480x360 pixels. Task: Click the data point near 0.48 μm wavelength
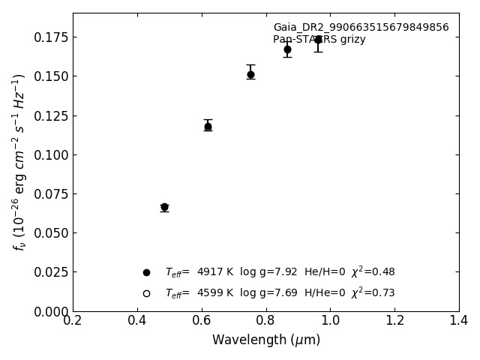pyautogui.click(x=164, y=207)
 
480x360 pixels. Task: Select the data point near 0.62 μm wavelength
pyautogui.click(x=208, y=127)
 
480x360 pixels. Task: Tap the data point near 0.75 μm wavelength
pyautogui.click(x=250, y=74)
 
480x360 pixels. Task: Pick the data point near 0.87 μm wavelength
pyautogui.click(x=287, y=49)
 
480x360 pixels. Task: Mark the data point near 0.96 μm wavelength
pyautogui.click(x=318, y=40)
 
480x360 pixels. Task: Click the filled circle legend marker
pyautogui.click(x=146, y=272)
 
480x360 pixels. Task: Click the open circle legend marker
pyautogui.click(x=146, y=293)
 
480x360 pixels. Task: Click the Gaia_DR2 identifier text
pyautogui.click(x=361, y=28)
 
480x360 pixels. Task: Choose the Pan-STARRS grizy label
pyautogui.click(x=319, y=40)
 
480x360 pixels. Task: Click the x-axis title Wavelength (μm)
pyautogui.click(x=265, y=340)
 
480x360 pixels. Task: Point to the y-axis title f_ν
pyautogui.click(x=19, y=161)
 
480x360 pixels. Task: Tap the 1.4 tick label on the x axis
pyautogui.click(x=458, y=321)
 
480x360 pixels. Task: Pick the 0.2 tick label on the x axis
pyautogui.click(x=73, y=321)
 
